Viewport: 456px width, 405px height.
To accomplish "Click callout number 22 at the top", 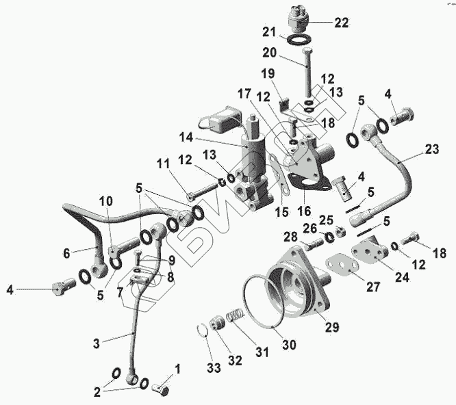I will tap(341, 22).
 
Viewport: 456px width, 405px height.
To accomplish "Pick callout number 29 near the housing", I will tap(331, 328).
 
